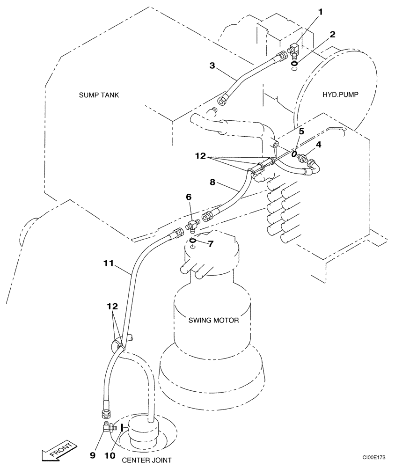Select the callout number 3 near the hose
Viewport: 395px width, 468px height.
coord(212,66)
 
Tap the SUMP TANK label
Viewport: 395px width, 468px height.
coord(99,95)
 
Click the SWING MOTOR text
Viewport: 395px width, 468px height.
coord(214,321)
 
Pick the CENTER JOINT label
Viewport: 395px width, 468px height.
coord(147,460)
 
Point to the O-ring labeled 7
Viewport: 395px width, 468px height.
coord(192,241)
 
